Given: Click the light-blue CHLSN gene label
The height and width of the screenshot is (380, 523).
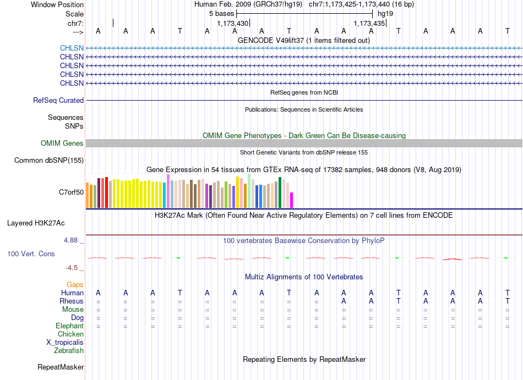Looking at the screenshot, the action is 72,48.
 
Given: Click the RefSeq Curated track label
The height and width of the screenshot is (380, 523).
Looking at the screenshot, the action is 58,100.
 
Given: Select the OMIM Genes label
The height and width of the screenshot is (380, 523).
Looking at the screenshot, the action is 62,143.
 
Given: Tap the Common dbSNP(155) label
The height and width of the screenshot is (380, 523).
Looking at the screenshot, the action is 49,160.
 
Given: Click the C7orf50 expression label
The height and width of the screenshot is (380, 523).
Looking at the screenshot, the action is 72,192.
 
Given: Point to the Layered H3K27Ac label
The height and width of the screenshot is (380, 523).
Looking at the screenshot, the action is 36,223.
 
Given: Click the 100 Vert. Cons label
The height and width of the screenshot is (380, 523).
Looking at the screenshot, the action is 31,254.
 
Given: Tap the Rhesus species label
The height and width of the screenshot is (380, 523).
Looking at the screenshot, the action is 72,301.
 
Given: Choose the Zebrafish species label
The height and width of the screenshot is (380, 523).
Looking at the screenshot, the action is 69,350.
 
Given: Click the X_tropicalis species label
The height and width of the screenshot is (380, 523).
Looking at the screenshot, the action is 65,343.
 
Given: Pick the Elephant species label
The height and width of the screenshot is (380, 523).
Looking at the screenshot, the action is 70,326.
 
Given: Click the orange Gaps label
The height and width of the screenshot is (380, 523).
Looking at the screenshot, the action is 75,284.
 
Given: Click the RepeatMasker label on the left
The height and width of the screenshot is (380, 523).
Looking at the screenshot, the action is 61,367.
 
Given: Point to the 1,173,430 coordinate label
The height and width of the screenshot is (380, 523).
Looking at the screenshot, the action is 233,23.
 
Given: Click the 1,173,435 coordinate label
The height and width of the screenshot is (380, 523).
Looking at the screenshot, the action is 369,23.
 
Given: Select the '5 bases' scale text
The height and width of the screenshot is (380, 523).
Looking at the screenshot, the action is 222,14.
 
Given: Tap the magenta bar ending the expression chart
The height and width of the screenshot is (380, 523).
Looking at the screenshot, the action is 292,200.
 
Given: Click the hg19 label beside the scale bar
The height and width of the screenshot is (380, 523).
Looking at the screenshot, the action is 385,14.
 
